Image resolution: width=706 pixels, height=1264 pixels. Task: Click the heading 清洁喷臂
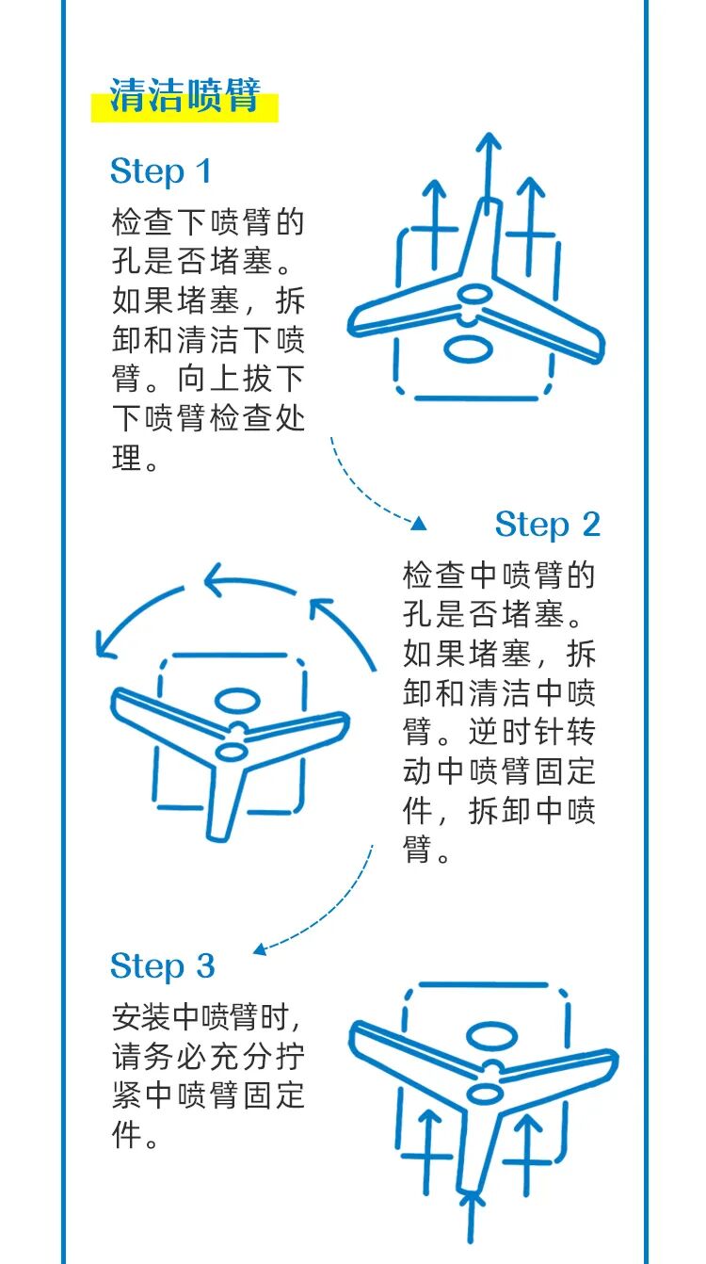click(185, 95)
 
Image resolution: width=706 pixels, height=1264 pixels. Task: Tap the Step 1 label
click(161, 171)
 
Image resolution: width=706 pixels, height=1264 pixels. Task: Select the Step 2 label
click(547, 525)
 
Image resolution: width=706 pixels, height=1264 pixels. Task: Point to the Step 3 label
click(163, 965)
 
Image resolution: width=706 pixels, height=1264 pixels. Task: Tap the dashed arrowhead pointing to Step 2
click(418, 525)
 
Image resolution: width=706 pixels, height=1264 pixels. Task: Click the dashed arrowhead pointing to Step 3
click(260, 949)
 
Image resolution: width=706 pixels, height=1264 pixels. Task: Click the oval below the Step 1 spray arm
click(468, 348)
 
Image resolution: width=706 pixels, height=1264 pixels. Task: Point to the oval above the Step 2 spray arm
click(237, 700)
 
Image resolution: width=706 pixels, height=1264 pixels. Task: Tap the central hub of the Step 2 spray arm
click(231, 750)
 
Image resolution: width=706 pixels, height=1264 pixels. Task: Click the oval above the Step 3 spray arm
click(491, 1035)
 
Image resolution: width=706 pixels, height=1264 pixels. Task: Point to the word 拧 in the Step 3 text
click(290, 1056)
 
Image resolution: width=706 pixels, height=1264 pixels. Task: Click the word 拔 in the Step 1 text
click(257, 379)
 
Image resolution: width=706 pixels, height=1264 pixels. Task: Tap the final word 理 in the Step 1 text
click(127, 458)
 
